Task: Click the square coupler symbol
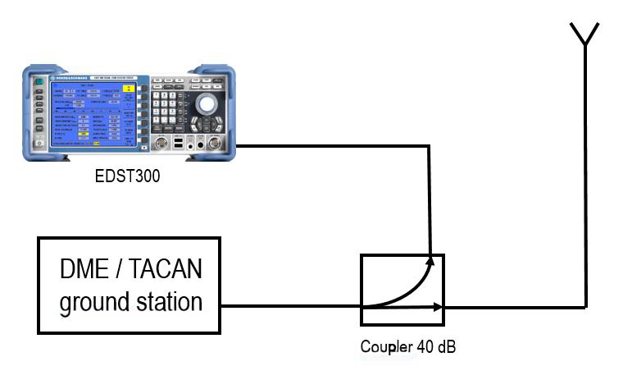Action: pyautogui.click(x=402, y=287)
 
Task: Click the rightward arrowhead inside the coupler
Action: pyautogui.click(x=439, y=307)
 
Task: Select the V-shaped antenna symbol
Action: pyautogui.click(x=584, y=34)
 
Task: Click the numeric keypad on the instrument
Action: pyautogui.click(x=168, y=111)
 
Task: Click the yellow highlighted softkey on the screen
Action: pyautogui.click(x=128, y=89)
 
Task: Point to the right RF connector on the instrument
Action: pyautogui.click(x=215, y=144)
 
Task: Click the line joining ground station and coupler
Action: pyautogui.click(x=291, y=308)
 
